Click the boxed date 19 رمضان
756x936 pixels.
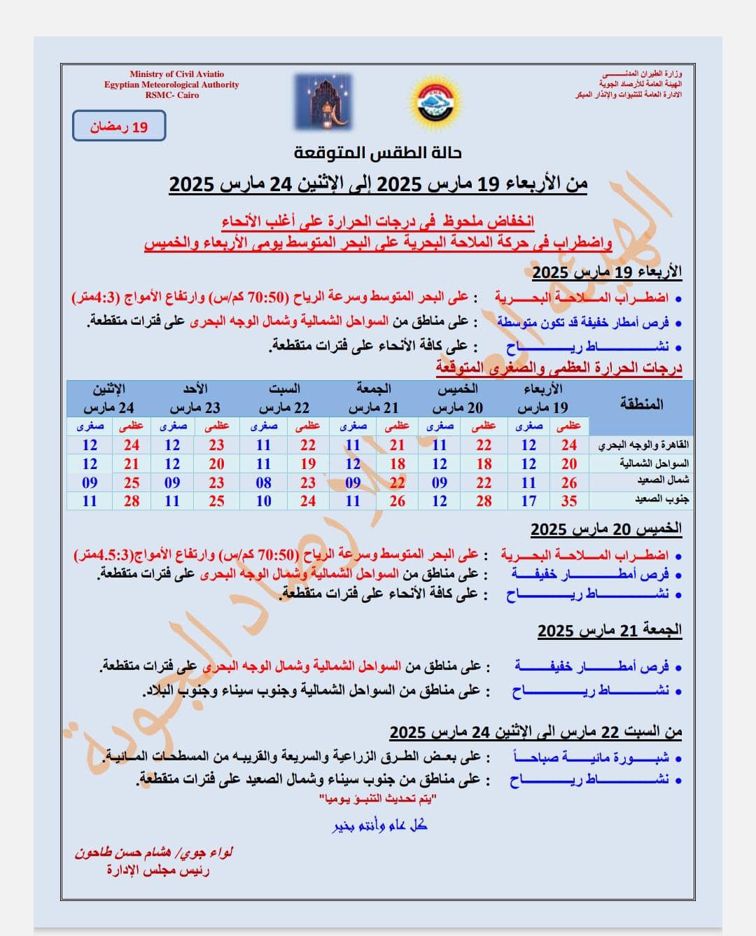click(119, 127)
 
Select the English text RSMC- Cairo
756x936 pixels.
click(171, 95)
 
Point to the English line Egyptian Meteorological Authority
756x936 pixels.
click(171, 85)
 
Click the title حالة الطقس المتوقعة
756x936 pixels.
click(377, 153)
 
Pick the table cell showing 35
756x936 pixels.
click(568, 501)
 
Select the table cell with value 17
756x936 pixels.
click(528, 501)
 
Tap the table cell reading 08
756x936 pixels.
click(263, 482)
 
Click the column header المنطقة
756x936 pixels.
click(640, 404)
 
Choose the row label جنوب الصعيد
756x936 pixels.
click(661, 500)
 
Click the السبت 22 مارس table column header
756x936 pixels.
click(284, 398)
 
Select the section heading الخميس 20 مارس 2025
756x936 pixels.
click(605, 529)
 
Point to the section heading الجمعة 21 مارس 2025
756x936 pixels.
click(609, 630)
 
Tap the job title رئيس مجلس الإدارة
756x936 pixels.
click(157, 870)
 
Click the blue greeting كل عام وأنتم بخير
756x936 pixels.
click(379, 826)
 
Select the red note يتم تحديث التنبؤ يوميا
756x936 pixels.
click(378, 799)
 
